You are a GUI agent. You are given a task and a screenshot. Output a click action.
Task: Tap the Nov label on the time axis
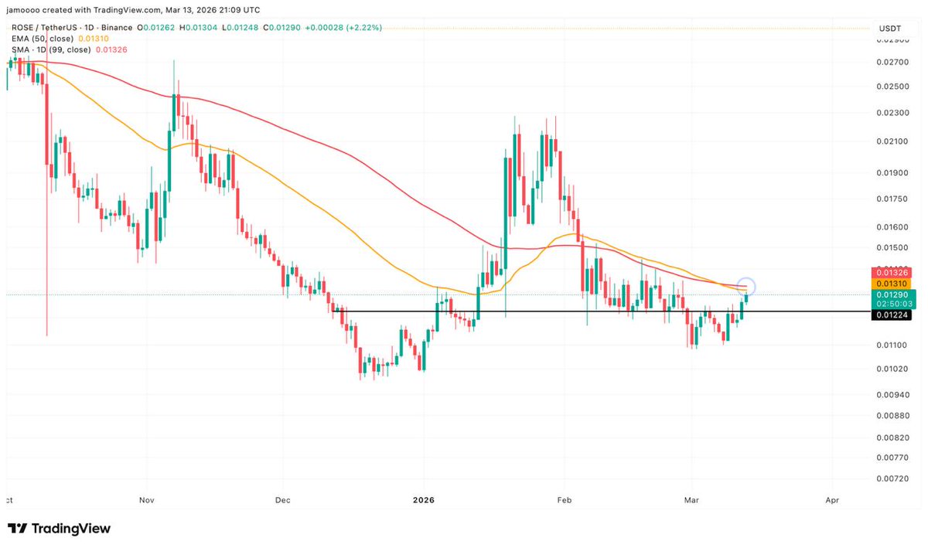point(147,500)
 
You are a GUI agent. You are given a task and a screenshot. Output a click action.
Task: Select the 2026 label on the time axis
point(423,500)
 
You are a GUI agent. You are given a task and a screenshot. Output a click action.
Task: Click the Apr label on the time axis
point(832,500)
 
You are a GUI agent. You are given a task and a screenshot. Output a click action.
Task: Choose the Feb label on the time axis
point(565,500)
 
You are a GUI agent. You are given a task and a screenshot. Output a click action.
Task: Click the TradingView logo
point(60,529)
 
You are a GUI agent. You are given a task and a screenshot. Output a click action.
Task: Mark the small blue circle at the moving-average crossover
point(746,287)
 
